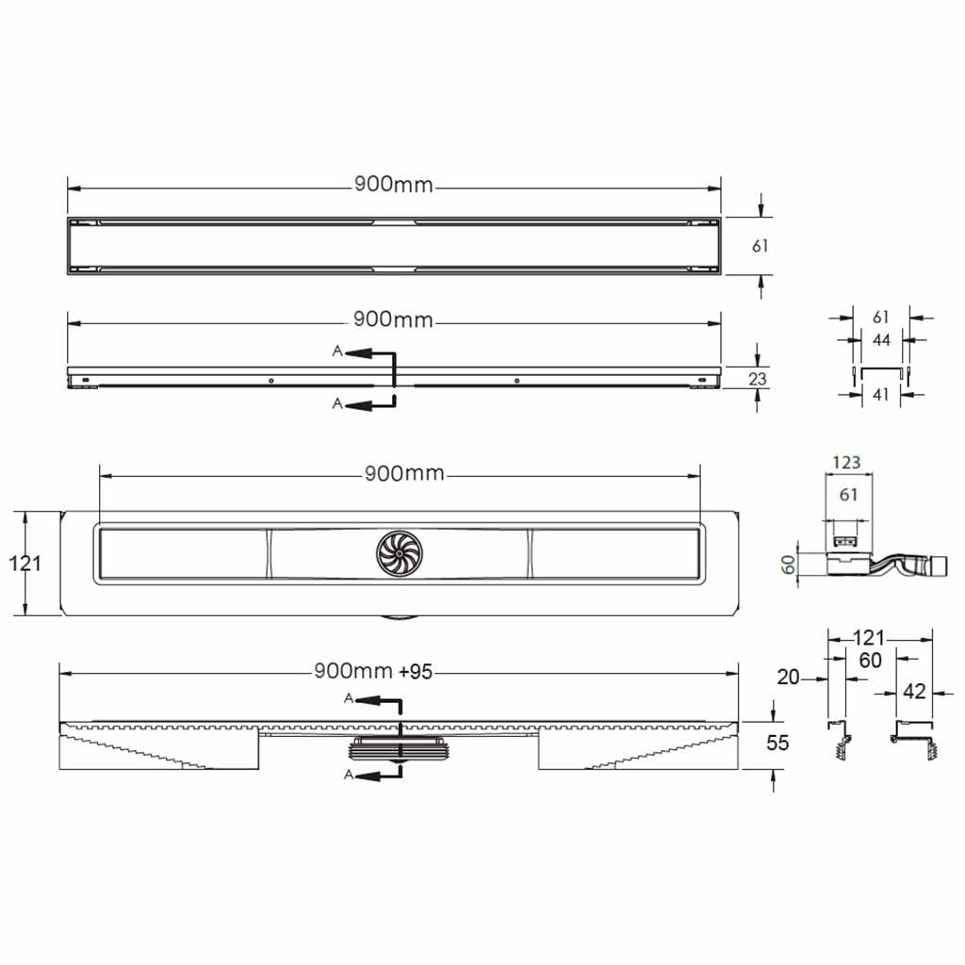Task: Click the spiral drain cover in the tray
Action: (x=400, y=553)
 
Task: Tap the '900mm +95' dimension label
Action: (x=373, y=671)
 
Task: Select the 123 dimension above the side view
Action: (x=846, y=462)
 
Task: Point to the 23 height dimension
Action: (x=758, y=378)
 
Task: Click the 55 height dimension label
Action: (x=777, y=743)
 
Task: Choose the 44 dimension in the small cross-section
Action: (x=881, y=339)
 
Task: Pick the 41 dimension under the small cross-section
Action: (x=881, y=395)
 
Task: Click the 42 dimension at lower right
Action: (x=914, y=692)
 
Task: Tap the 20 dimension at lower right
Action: (x=788, y=677)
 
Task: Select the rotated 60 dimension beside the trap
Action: (x=788, y=564)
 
